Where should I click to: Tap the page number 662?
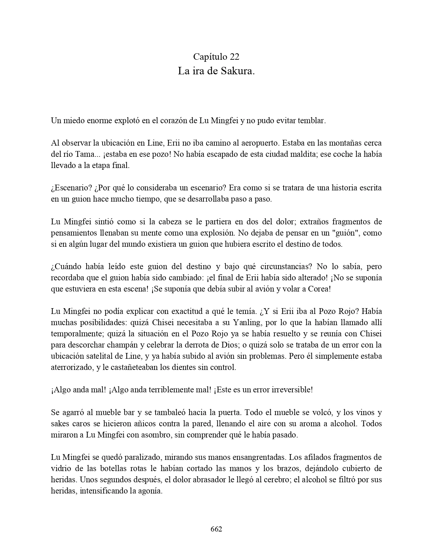tap(216, 529)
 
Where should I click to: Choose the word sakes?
tap(60, 424)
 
